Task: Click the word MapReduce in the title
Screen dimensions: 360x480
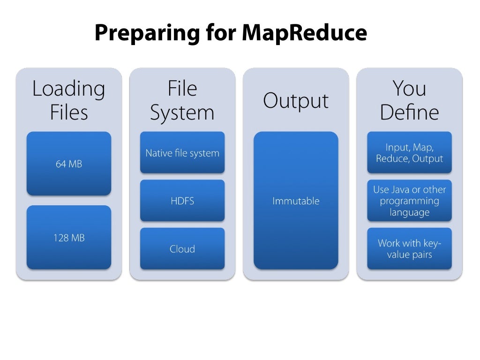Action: [304, 33]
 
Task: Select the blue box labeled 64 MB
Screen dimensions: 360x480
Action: [69, 164]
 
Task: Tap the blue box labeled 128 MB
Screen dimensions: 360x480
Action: [69, 238]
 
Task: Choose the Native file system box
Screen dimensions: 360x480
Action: [182, 153]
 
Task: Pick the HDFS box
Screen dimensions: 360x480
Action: [182, 201]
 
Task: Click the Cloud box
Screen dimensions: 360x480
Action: [182, 249]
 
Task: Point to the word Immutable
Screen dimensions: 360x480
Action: [296, 201]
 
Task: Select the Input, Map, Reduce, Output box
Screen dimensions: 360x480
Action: [409, 153]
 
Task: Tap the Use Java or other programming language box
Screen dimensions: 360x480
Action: [409, 201]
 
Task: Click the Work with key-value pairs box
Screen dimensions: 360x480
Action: [409, 249]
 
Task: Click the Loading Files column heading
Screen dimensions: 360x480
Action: [69, 100]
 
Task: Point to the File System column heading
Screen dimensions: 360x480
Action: [182, 100]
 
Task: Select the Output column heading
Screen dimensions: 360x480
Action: [296, 100]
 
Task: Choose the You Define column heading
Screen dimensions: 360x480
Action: [409, 100]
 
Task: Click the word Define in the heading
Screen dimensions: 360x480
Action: [409, 112]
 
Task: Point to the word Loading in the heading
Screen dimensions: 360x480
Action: [69, 89]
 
